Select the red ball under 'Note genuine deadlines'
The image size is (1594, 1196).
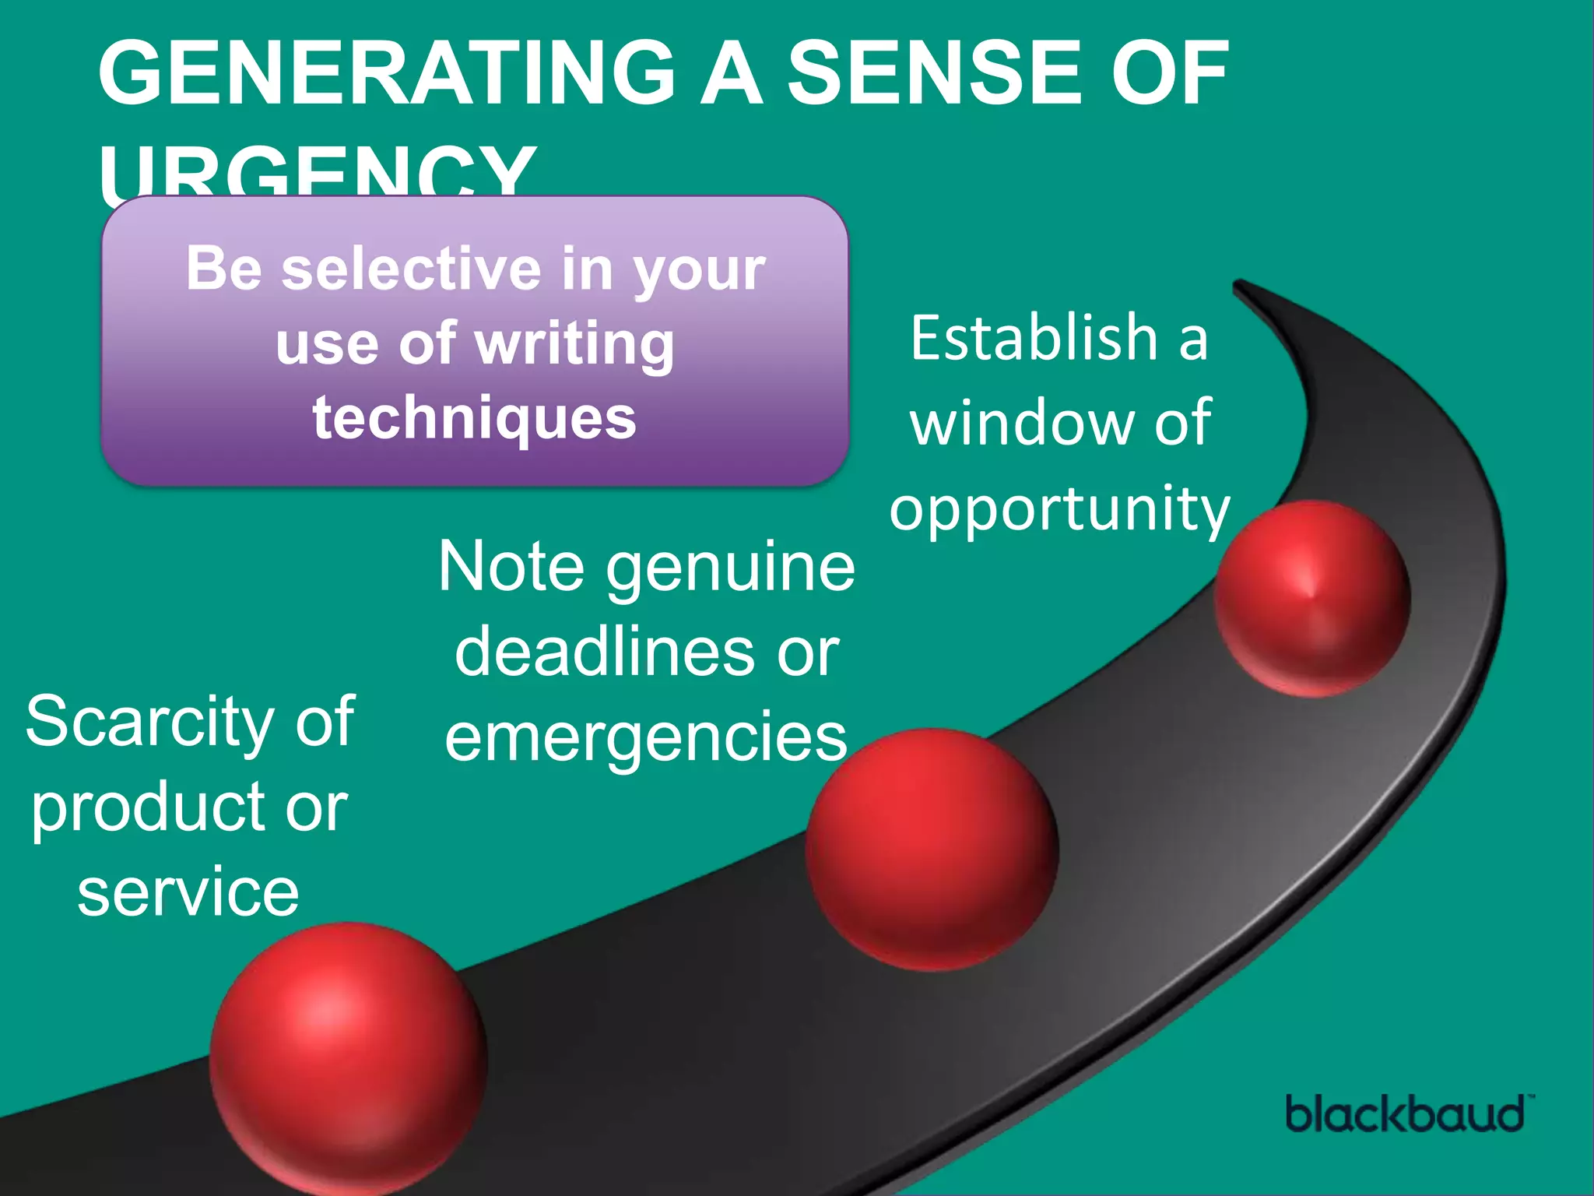click(x=932, y=850)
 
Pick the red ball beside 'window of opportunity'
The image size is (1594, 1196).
click(x=1312, y=598)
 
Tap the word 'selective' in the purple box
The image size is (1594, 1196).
click(x=411, y=269)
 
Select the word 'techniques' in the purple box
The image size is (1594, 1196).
click(x=475, y=418)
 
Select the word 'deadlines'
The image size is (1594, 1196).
click(x=604, y=652)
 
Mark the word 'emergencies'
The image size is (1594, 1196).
click(x=646, y=737)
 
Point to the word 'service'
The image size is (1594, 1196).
click(x=188, y=892)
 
